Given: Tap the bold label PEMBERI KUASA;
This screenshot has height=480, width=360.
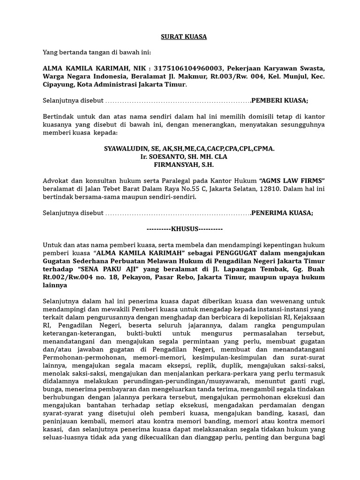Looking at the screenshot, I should [280, 100].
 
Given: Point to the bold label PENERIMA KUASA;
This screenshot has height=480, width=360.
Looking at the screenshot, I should [282, 212].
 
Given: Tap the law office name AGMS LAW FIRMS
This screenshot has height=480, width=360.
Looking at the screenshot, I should [292, 181].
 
